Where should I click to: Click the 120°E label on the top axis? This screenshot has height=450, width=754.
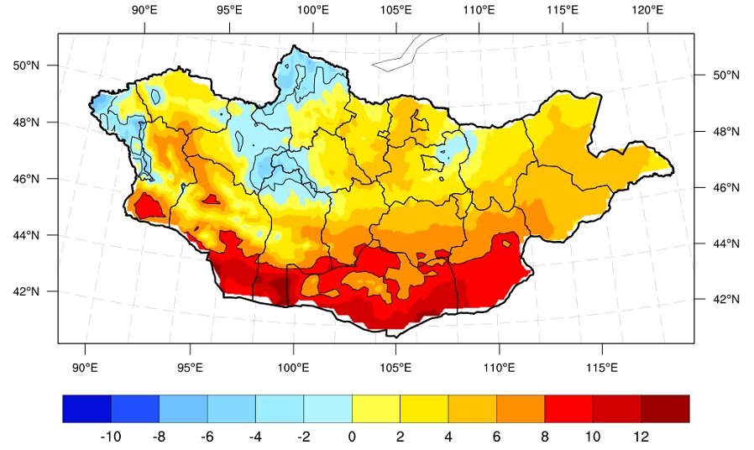pos(647,9)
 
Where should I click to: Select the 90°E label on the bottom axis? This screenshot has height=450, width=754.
pos(85,368)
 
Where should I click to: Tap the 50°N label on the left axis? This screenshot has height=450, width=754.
pos(26,65)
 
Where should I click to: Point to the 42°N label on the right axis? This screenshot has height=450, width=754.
pos(725,299)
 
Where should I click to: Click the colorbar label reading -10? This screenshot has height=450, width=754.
pos(110,437)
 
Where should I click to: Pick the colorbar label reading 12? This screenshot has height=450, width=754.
pos(641,437)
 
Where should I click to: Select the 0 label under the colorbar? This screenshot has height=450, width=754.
pos(352,437)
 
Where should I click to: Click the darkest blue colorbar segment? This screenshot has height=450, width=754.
pos(87,409)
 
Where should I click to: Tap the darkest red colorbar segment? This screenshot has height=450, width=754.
pos(665,409)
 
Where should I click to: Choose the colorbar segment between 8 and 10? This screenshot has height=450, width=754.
pos(569,409)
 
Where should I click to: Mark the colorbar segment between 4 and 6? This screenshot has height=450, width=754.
pos(472,409)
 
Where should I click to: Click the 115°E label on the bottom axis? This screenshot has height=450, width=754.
pos(601,368)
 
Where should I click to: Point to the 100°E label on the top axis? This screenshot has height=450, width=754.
pos(313,9)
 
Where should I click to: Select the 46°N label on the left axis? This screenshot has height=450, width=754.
pos(26,179)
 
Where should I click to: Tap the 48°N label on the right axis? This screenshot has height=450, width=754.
pos(725,131)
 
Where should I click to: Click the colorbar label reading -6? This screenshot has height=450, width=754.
pos(207,437)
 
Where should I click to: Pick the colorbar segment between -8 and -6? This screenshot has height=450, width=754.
pos(183,409)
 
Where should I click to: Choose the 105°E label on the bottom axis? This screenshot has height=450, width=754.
pos(395,368)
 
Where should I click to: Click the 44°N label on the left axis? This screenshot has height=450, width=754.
pos(26,235)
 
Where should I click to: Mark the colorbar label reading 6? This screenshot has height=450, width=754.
pos(496,437)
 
